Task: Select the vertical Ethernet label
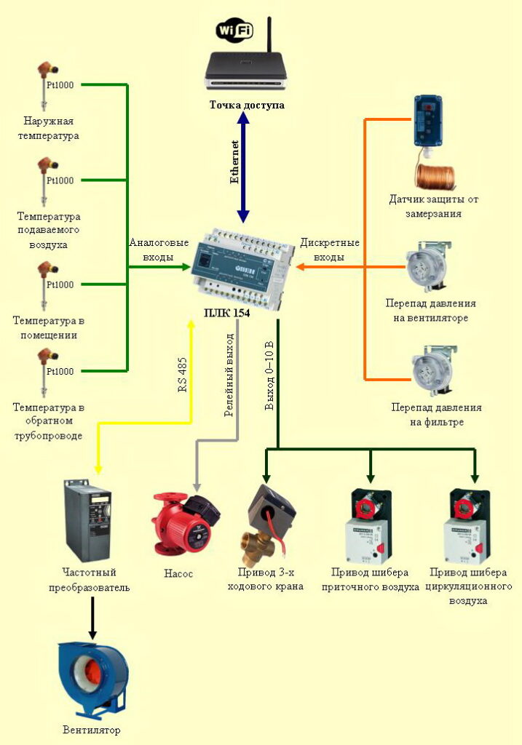click(234, 162)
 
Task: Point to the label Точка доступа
click(247, 105)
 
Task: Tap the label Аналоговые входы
click(158, 250)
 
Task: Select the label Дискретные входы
click(329, 250)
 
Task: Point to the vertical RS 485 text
click(183, 375)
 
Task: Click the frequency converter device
click(87, 519)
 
